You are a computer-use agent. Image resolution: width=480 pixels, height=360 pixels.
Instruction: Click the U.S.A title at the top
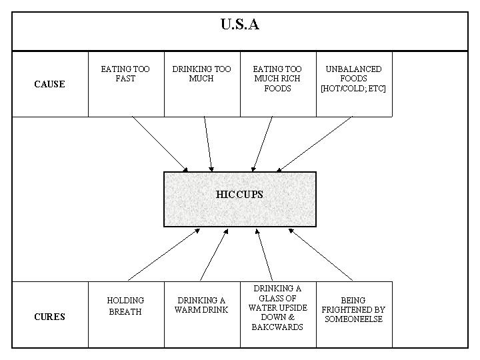tap(240, 25)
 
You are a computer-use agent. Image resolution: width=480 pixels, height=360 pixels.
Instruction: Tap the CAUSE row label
tap(49, 85)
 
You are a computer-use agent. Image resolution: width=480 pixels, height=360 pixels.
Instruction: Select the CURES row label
tap(49, 317)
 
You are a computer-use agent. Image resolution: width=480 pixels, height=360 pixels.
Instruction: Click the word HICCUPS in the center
tap(240, 195)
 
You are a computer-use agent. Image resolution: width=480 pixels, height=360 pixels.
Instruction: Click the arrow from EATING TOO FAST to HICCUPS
tap(160, 144)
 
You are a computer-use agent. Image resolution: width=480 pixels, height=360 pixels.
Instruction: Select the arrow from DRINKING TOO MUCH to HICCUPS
tap(209, 144)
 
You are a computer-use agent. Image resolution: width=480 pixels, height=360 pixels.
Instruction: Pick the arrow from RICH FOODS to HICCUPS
tap(262, 144)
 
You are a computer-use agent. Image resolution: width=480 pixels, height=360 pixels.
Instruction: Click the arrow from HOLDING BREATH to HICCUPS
tap(163, 254)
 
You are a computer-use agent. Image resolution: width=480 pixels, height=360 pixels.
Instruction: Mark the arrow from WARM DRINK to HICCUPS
tap(214, 254)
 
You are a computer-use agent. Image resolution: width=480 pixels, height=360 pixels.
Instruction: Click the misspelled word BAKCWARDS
tap(277, 327)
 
